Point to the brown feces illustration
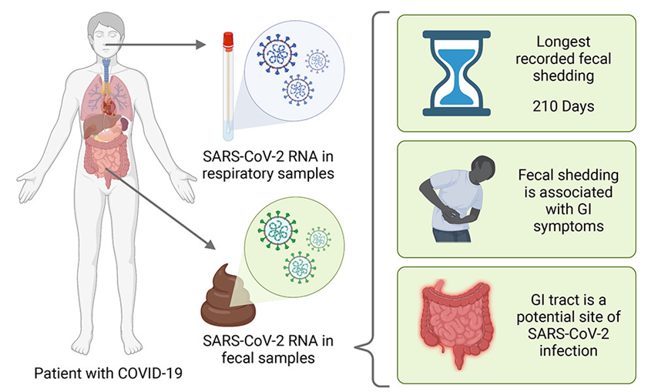(231, 297)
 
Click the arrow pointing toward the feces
(166, 215)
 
